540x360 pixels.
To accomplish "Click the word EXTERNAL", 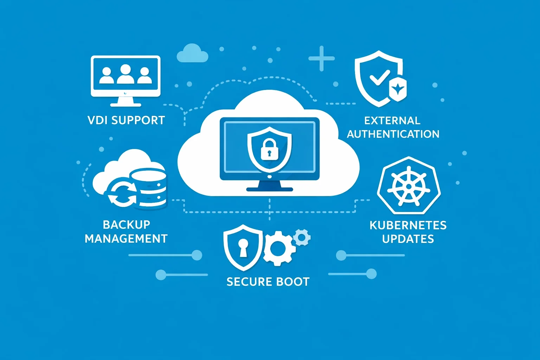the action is pyautogui.click(x=392, y=121).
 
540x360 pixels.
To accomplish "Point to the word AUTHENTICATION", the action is pyautogui.click(x=393, y=134).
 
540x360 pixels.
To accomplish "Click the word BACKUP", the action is pyautogui.click(x=127, y=225).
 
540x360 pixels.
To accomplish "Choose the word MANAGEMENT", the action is pyautogui.click(x=126, y=239).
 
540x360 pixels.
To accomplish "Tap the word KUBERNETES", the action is pyautogui.click(x=408, y=225).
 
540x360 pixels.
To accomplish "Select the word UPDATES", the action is pyautogui.click(x=408, y=239).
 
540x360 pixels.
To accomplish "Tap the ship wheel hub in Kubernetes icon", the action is pyautogui.click(x=409, y=186).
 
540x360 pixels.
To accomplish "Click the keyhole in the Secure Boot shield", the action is pyautogui.click(x=243, y=247).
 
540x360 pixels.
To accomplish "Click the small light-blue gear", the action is pyautogui.click(x=302, y=238).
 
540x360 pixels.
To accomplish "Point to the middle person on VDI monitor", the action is pyautogui.click(x=126, y=74).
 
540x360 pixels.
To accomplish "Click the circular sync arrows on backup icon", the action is pyautogui.click(x=122, y=193).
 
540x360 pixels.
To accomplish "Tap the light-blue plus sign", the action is pyautogui.click(x=321, y=58).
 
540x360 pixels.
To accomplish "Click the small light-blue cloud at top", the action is pyautogui.click(x=192, y=53).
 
